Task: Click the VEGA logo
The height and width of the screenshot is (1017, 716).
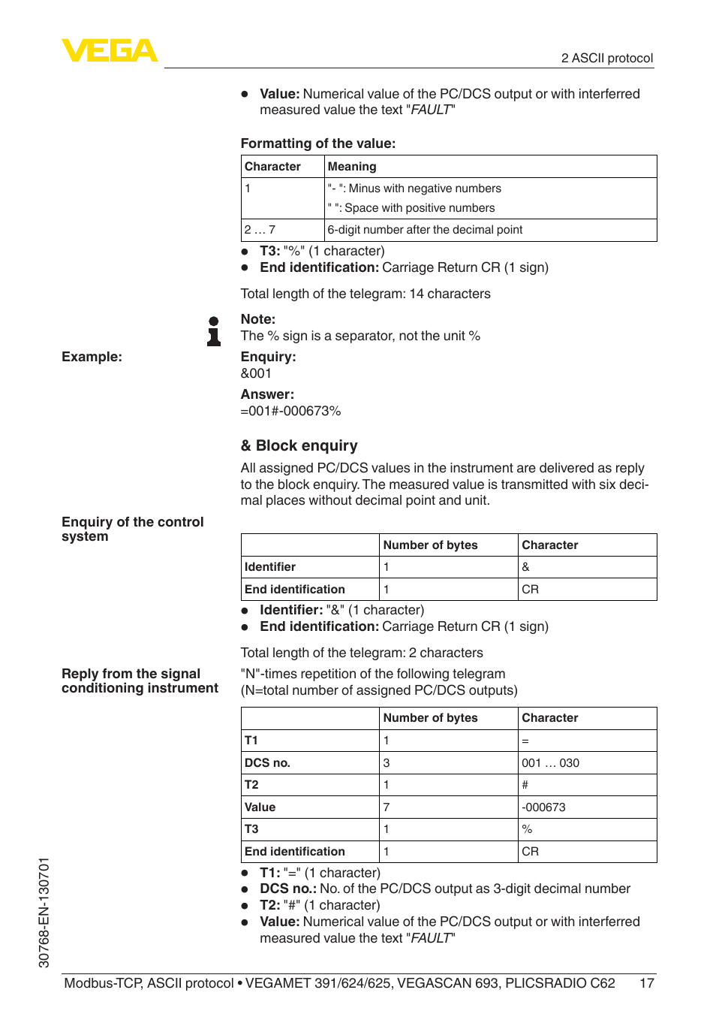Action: pos(110,51)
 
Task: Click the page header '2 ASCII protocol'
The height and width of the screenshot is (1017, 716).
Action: pos(606,59)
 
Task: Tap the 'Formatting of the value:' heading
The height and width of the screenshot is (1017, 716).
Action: pos(317,143)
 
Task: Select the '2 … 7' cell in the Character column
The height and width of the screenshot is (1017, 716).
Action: pos(260,230)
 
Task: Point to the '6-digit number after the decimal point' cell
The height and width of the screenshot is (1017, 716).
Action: pos(425,230)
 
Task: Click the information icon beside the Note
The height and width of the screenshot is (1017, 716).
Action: pos(214,331)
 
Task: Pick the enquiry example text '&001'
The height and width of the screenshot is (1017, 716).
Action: pos(256,373)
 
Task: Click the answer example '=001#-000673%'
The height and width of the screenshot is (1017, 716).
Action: pos(290,411)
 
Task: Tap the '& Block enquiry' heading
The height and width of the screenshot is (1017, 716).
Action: pos(299,445)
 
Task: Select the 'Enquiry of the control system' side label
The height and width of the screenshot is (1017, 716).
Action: pos(132,529)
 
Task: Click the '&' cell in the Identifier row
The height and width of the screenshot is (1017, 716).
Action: pos(525,567)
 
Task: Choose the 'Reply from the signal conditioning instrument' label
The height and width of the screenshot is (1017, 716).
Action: pos(140,681)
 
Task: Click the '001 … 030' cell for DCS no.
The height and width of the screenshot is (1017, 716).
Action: pos(550,763)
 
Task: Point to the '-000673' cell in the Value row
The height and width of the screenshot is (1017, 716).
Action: pos(543,807)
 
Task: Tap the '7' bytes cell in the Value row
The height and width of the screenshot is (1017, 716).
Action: pos(387,807)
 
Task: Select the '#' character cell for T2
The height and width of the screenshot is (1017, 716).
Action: pos(525,785)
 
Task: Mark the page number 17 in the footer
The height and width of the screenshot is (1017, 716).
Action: pos(646,983)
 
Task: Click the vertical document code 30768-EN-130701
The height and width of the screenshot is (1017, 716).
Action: pos(44,912)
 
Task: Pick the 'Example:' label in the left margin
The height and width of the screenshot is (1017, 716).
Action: pos(92,357)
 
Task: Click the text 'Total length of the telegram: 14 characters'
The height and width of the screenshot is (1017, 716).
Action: pos(365,294)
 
